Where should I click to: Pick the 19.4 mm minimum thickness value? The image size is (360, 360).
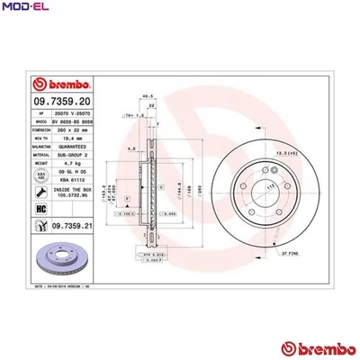pyautogui.click(x=68, y=137)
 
